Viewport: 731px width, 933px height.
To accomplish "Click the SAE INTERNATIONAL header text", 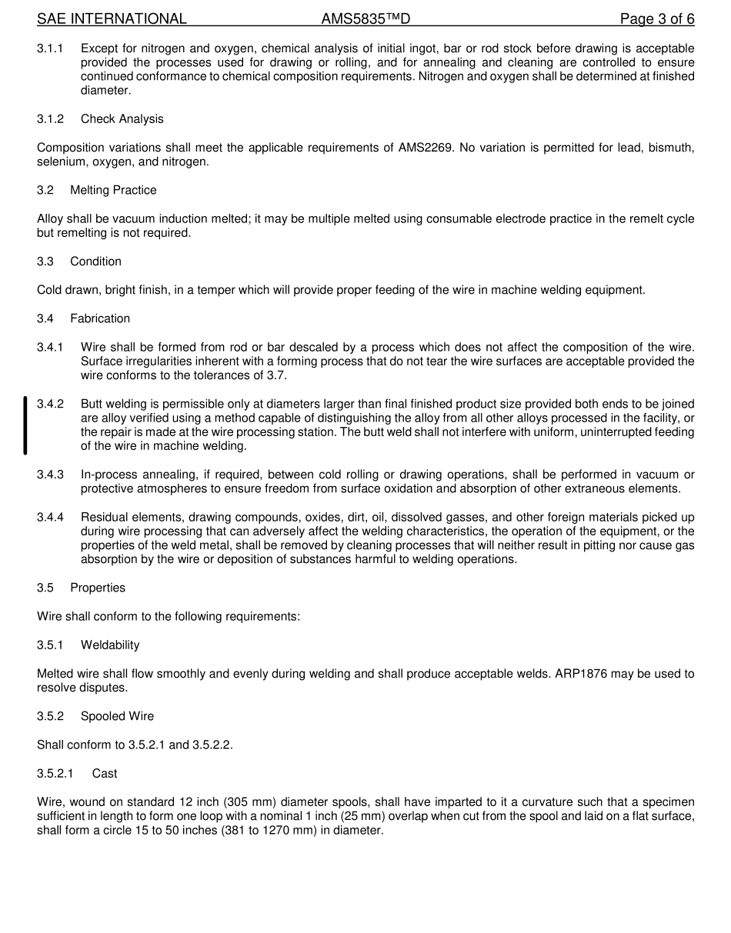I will (x=112, y=19).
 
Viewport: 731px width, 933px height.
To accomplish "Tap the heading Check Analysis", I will (x=122, y=119).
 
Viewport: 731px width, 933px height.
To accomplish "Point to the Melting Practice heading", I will (x=113, y=191).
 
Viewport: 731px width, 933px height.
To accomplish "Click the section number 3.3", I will (x=45, y=262).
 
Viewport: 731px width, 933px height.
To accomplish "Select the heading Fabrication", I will (x=100, y=318).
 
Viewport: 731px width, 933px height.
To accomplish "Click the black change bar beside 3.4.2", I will (x=25, y=425).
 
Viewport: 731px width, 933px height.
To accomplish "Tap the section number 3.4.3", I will (x=50, y=475).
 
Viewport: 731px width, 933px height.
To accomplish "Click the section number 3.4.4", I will (x=50, y=518).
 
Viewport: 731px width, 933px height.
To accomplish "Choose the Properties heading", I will (x=98, y=588).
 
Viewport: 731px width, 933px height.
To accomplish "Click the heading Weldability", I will (x=110, y=645).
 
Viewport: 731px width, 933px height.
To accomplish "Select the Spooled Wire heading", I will (x=117, y=716).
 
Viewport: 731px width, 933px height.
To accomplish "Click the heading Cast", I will (x=105, y=774).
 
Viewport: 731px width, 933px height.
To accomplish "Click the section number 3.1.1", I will (x=50, y=48).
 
